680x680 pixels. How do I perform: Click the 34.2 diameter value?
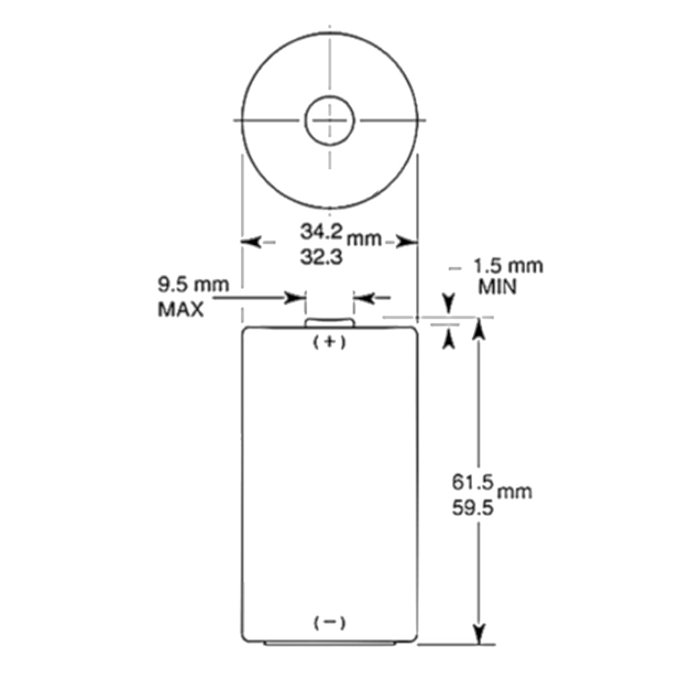321,232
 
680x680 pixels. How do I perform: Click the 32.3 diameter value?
321,257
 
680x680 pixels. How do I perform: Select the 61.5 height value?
473,482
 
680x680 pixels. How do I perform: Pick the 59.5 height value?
473,507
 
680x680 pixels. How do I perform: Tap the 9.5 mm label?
193,285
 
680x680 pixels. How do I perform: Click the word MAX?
181,309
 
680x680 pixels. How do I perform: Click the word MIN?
497,287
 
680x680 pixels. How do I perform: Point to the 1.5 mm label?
508,266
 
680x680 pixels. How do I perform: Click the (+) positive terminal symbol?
329,342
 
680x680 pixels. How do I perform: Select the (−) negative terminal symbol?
329,623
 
